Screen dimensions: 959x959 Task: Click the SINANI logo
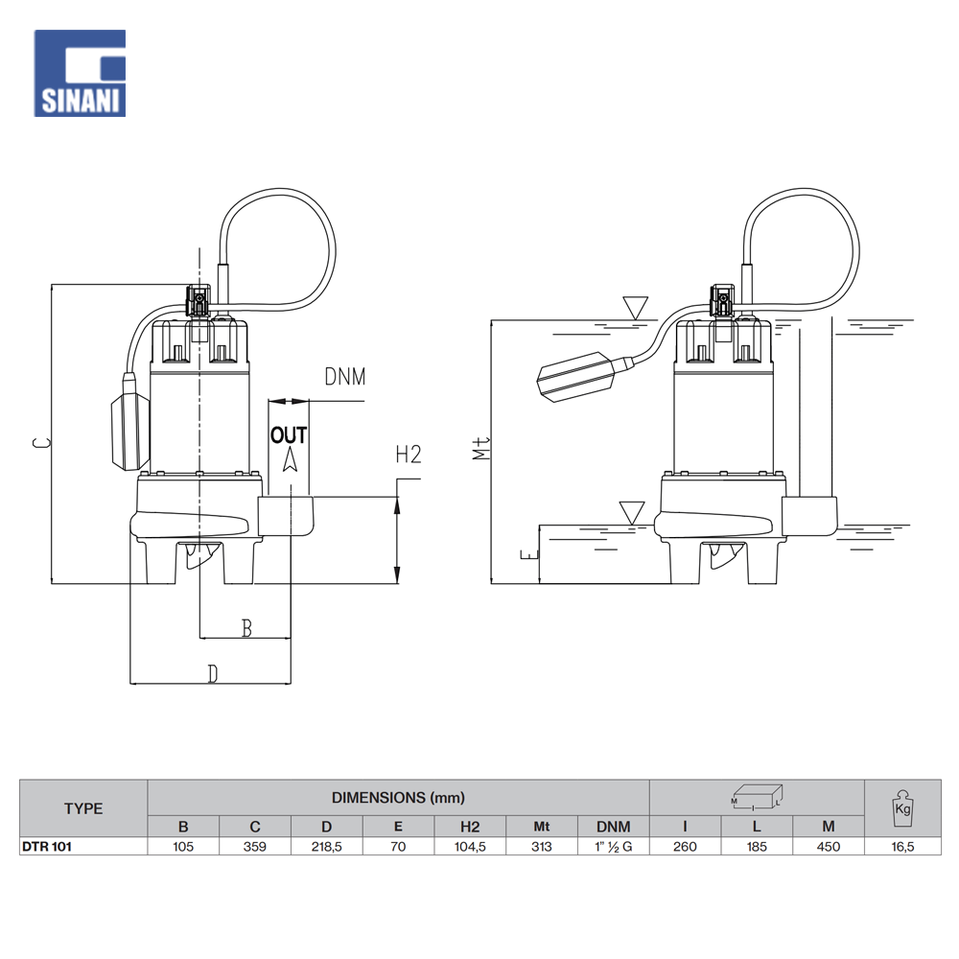(x=80, y=73)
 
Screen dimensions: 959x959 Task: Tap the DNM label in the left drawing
(x=344, y=377)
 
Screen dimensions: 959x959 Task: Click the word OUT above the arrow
(x=289, y=435)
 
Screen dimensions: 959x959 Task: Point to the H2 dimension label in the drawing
(x=409, y=455)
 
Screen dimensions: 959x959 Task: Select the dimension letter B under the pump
(x=246, y=628)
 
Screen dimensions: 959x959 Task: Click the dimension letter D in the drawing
(x=213, y=674)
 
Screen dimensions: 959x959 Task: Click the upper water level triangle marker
(x=635, y=308)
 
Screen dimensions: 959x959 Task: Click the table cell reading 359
(x=255, y=847)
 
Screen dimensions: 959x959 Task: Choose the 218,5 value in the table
(x=327, y=847)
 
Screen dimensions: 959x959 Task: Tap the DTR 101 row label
(x=47, y=847)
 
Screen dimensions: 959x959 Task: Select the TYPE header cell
(x=83, y=808)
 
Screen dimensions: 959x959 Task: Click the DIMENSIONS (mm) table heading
(x=398, y=797)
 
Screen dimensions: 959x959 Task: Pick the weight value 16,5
(x=901, y=847)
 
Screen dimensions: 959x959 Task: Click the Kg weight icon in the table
(x=901, y=807)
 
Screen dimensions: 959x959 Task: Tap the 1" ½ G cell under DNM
(x=614, y=847)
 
